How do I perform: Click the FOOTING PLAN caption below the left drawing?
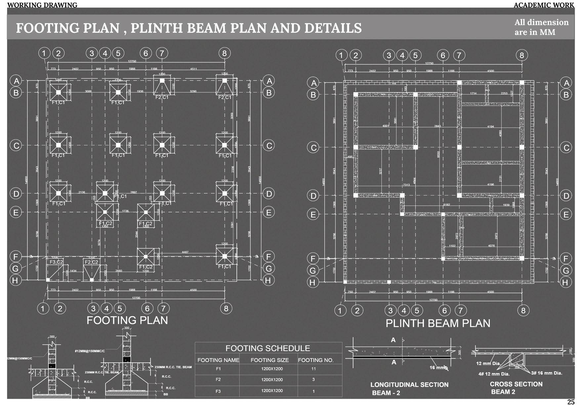click(127, 320)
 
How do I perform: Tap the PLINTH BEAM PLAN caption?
click(438, 323)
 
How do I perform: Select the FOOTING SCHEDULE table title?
click(268, 348)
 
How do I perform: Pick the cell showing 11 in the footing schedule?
click(313, 369)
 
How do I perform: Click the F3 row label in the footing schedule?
click(218, 391)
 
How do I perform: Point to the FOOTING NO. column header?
click(315, 360)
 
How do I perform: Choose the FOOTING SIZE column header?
click(270, 360)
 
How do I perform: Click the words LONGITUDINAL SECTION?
click(409, 385)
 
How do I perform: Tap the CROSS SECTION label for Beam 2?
click(516, 384)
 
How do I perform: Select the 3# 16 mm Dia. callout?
click(546, 373)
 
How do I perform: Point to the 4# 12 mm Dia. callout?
click(494, 374)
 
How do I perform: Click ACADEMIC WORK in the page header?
click(544, 5)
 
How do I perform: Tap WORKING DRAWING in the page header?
click(42, 5)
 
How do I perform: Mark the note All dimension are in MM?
click(541, 27)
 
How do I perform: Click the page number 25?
click(570, 402)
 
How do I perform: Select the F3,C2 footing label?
click(56, 262)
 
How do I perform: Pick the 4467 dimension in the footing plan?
click(185, 252)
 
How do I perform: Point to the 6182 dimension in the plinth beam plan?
click(446, 205)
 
